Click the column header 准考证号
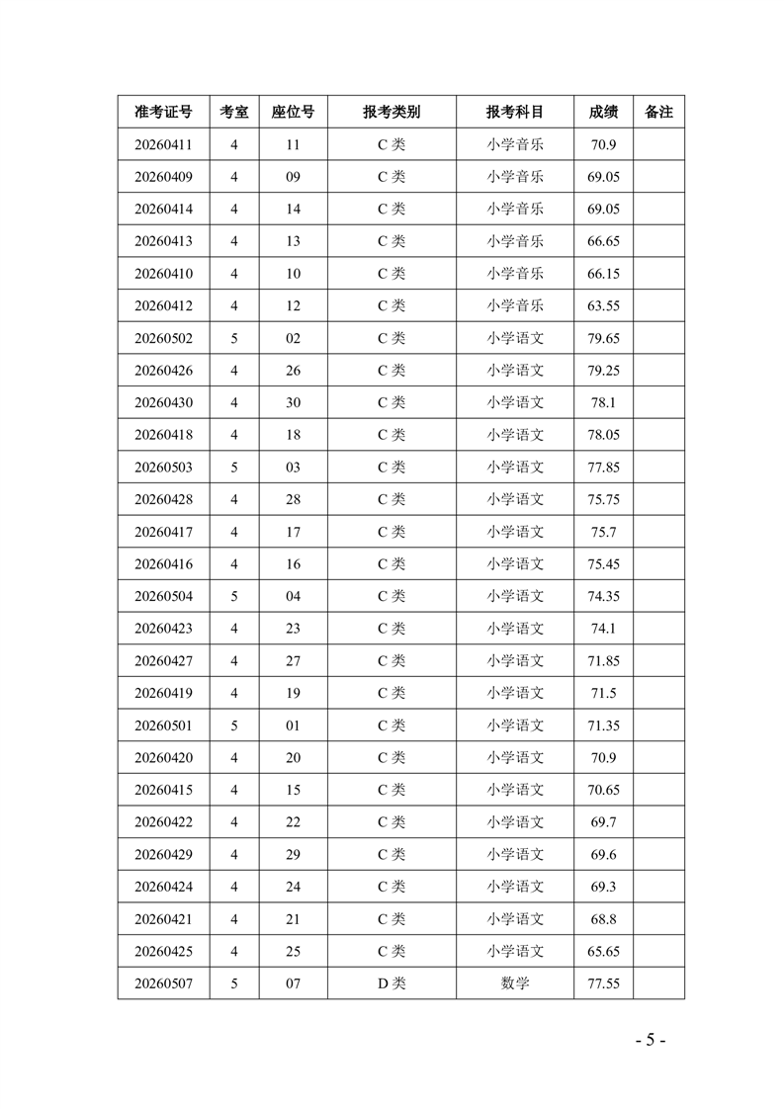[163, 113]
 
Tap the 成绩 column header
[603, 113]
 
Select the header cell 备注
[658, 113]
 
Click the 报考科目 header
[515, 113]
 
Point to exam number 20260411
[163, 145]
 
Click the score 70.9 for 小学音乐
[603, 145]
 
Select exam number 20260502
[163, 338]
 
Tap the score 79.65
[603, 338]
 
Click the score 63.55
[603, 306]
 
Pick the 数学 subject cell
[515, 983]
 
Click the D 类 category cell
[392, 983]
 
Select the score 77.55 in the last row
[603, 983]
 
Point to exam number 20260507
[163, 983]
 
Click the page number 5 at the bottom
[651, 1040]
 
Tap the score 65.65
[603, 951]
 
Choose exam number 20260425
[163, 951]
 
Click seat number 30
[293, 402]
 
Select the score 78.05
[603, 435]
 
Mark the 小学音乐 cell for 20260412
[515, 306]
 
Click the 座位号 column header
[293, 113]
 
